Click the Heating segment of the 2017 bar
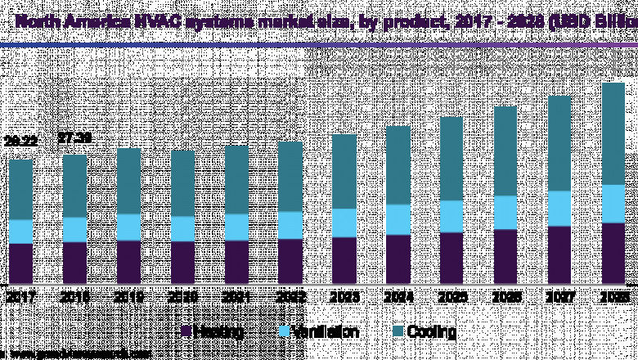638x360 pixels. pos(21,263)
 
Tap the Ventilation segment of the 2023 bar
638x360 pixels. pos(344,223)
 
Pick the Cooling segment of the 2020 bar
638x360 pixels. pos(183,183)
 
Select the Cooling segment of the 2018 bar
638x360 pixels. pos(75,186)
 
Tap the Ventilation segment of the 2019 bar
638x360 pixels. pos(129,227)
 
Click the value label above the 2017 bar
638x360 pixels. pos(21,142)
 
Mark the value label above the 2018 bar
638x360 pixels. pos(75,137)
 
